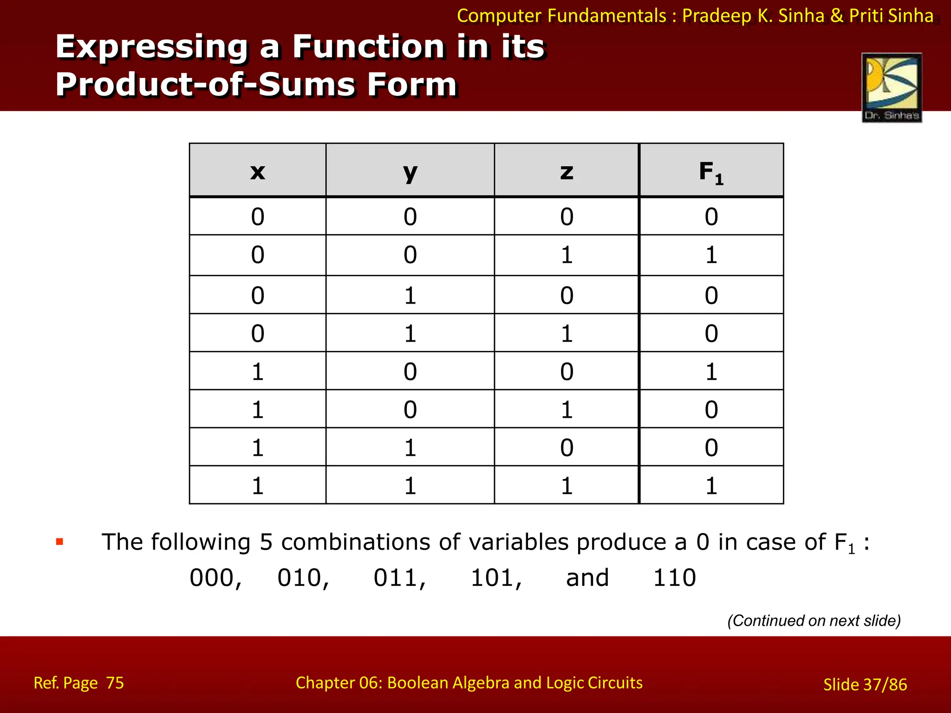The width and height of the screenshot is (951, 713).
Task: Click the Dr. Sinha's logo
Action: coord(892,88)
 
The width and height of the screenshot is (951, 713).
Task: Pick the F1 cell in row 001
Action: coord(711,255)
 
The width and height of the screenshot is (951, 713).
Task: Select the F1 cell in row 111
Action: coord(711,486)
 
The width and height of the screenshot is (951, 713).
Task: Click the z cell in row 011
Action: coord(567,333)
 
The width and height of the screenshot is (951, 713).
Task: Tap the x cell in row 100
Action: coord(258,371)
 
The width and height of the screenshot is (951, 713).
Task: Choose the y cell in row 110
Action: coord(410,447)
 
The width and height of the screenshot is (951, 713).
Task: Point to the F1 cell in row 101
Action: coord(711,409)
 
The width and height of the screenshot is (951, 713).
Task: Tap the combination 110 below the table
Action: coord(674,578)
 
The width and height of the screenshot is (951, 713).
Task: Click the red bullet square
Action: coord(59,541)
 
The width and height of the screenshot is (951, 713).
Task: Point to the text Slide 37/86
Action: coord(865,684)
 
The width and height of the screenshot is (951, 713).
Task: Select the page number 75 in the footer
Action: coord(115,683)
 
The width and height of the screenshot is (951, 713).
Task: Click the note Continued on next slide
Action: coord(814,621)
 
